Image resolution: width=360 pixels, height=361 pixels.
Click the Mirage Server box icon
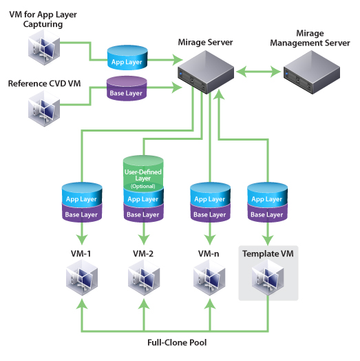click(206, 72)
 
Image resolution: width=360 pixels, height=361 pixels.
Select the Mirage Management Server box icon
click(312, 72)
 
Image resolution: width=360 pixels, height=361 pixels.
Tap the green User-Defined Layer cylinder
click(143, 173)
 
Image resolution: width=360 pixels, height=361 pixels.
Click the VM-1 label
click(81, 254)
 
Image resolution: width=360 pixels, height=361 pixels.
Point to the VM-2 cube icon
click(144, 277)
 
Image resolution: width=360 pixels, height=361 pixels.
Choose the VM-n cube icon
click(209, 277)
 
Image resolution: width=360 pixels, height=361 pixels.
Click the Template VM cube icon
click(268, 277)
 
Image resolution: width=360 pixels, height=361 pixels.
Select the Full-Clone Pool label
click(177, 342)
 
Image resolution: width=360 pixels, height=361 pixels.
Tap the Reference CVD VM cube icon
click(44, 108)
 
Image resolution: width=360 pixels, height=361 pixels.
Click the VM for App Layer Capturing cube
click(44, 48)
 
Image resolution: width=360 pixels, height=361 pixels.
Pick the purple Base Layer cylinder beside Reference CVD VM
click(127, 89)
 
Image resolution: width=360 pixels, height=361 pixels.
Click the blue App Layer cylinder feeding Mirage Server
click(127, 58)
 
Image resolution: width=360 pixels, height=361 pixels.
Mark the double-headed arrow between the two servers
click(259, 72)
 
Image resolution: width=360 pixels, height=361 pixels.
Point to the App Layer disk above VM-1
click(82, 194)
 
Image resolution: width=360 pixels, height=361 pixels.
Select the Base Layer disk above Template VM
click(267, 214)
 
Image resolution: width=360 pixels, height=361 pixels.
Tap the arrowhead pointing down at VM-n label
click(210, 240)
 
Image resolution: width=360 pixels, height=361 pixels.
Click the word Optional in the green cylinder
click(143, 186)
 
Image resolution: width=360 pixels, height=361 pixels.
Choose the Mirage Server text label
click(205, 42)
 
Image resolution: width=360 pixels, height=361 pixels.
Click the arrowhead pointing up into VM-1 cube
click(82, 304)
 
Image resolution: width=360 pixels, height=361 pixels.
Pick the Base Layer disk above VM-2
click(144, 214)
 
